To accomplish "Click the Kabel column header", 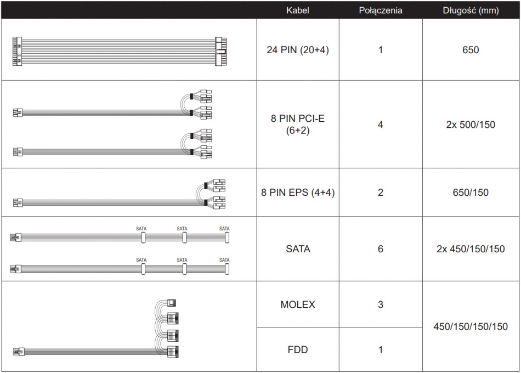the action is point(297,10).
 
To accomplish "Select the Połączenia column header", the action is point(381,10).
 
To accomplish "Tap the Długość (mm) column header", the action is point(471,10).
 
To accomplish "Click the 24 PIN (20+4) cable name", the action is point(298,50).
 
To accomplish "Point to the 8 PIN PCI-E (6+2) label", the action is point(298,125).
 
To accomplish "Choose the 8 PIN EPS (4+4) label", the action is point(298,193).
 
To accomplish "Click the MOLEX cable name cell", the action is point(298,304).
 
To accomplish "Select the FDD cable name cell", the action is point(298,350).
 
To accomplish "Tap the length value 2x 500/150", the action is point(471,125).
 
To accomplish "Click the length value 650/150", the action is point(471,193).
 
